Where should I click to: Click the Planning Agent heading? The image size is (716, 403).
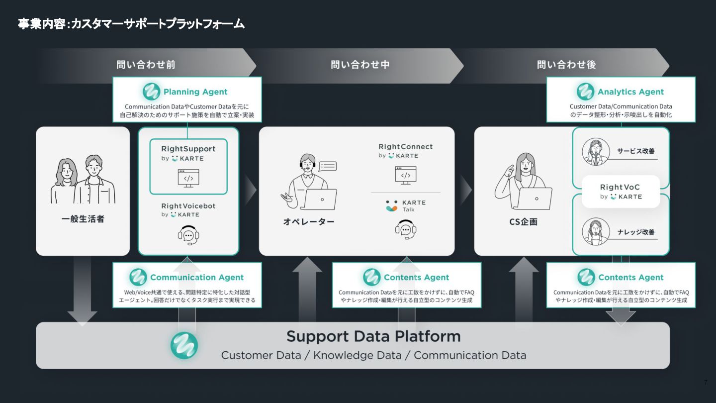click(x=195, y=92)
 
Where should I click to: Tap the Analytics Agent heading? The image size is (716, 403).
click(x=630, y=92)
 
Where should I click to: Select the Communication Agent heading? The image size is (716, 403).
click(x=197, y=278)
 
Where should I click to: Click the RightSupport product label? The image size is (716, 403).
click(x=188, y=149)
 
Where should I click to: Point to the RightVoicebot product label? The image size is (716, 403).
click(x=188, y=206)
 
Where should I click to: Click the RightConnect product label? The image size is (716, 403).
click(x=405, y=147)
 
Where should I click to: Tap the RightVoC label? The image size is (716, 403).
click(x=620, y=188)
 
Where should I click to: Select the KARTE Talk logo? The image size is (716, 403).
click(x=406, y=206)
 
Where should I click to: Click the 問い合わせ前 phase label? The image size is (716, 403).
click(x=146, y=65)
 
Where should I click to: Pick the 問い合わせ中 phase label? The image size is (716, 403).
click(x=360, y=65)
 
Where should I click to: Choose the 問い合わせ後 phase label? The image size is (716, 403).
click(x=566, y=65)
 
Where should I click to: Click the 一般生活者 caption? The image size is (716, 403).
click(x=83, y=219)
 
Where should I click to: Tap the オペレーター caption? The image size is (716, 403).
click(x=308, y=222)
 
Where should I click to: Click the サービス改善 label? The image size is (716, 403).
click(x=635, y=151)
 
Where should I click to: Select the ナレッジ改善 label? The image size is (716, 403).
click(x=635, y=232)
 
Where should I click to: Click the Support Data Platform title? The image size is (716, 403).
click(x=373, y=336)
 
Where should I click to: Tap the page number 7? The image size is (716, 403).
click(x=705, y=383)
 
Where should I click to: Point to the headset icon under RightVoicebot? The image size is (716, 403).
click(x=188, y=235)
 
